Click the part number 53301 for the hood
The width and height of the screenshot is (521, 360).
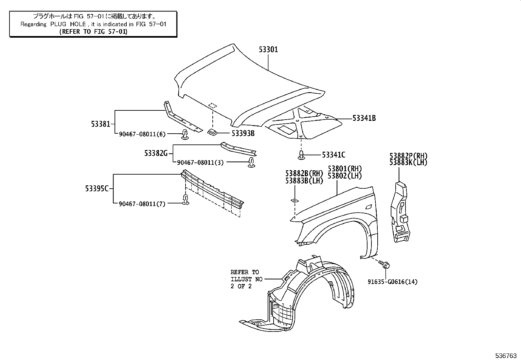(268, 50)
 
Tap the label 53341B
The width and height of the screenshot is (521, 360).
(364, 118)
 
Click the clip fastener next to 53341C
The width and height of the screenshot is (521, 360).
(301, 155)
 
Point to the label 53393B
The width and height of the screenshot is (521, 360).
(243, 133)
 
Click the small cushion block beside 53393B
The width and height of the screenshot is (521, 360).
(213, 132)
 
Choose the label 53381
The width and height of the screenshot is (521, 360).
(101, 124)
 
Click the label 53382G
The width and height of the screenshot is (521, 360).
(156, 153)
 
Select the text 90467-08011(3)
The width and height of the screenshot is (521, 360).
(200, 162)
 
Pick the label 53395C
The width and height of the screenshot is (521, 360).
(97, 189)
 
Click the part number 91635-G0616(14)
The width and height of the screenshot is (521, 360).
(392, 282)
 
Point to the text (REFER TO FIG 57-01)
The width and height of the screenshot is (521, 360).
(93, 31)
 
